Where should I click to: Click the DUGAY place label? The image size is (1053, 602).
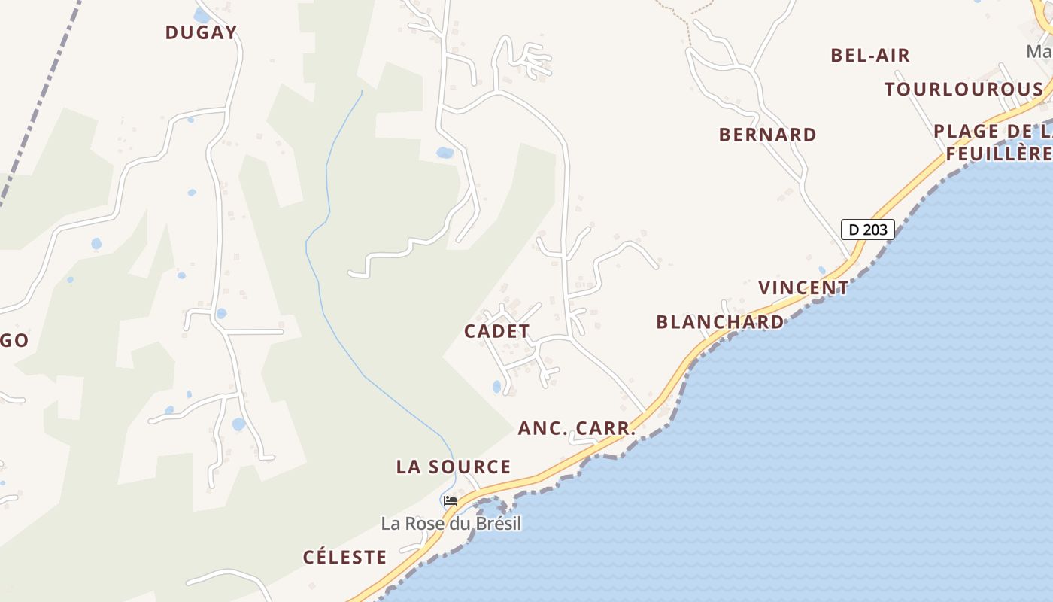pos(201,32)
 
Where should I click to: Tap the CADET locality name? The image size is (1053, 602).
pos(497,331)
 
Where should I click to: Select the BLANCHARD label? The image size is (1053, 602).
pos(720,322)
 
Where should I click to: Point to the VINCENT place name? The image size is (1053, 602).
pos(803,288)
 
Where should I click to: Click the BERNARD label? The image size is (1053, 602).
pos(767,135)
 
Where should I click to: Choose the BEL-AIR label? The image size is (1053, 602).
pos(870,56)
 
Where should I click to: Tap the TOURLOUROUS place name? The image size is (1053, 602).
pos(963,90)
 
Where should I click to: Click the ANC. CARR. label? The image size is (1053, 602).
pos(577,429)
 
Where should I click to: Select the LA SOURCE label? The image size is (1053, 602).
pos(454,467)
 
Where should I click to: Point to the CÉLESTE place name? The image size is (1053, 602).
pos(344,558)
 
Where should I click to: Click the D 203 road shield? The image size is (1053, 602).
pos(867,230)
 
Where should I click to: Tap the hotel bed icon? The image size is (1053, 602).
pos(451,500)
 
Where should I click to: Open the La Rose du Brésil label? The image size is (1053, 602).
pos(451,524)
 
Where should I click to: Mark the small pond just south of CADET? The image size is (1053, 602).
pos(496,387)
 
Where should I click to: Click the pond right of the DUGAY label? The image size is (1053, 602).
pos(201,15)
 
